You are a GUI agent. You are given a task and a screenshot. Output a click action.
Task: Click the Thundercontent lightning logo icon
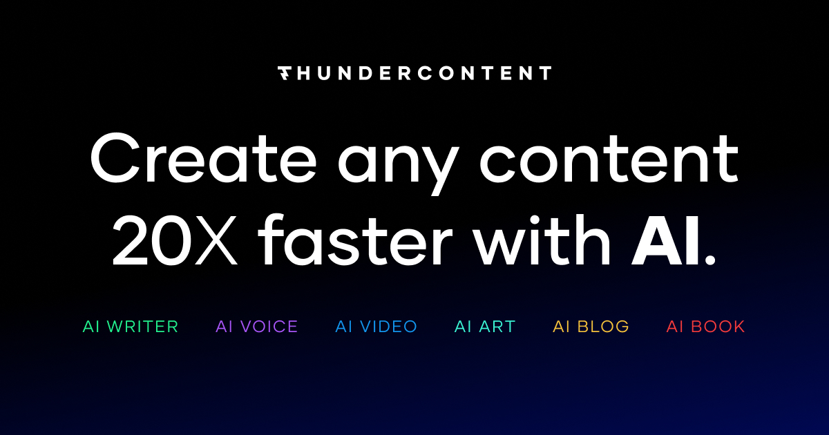point(285,73)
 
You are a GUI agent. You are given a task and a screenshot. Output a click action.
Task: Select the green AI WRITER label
point(131,327)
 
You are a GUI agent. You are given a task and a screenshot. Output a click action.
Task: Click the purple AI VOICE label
point(256,327)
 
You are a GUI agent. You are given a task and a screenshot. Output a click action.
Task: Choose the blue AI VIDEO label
point(376,327)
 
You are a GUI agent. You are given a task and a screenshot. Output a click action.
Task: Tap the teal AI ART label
point(485,327)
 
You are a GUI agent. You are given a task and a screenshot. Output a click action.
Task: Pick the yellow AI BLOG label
point(591,327)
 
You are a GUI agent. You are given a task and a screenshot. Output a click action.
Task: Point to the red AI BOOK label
point(705,327)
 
